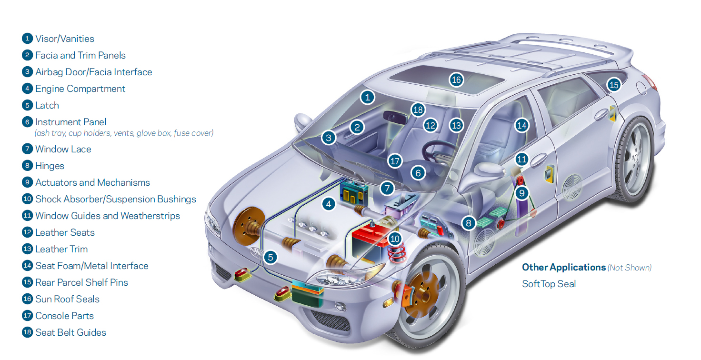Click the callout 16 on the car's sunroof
(x=456, y=80)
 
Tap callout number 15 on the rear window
(x=614, y=85)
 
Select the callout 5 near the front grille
(x=270, y=258)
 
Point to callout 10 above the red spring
(x=395, y=239)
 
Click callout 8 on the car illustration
(x=469, y=222)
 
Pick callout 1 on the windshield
(x=367, y=97)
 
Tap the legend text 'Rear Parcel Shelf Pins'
(x=81, y=282)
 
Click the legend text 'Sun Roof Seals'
(x=67, y=299)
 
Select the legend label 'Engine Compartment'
(x=80, y=89)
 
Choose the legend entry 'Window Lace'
(x=63, y=149)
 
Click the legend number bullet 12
(x=27, y=232)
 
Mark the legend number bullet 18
(x=27, y=332)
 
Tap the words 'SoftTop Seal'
(x=549, y=284)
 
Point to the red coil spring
(x=396, y=252)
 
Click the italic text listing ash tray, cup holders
(x=124, y=133)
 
